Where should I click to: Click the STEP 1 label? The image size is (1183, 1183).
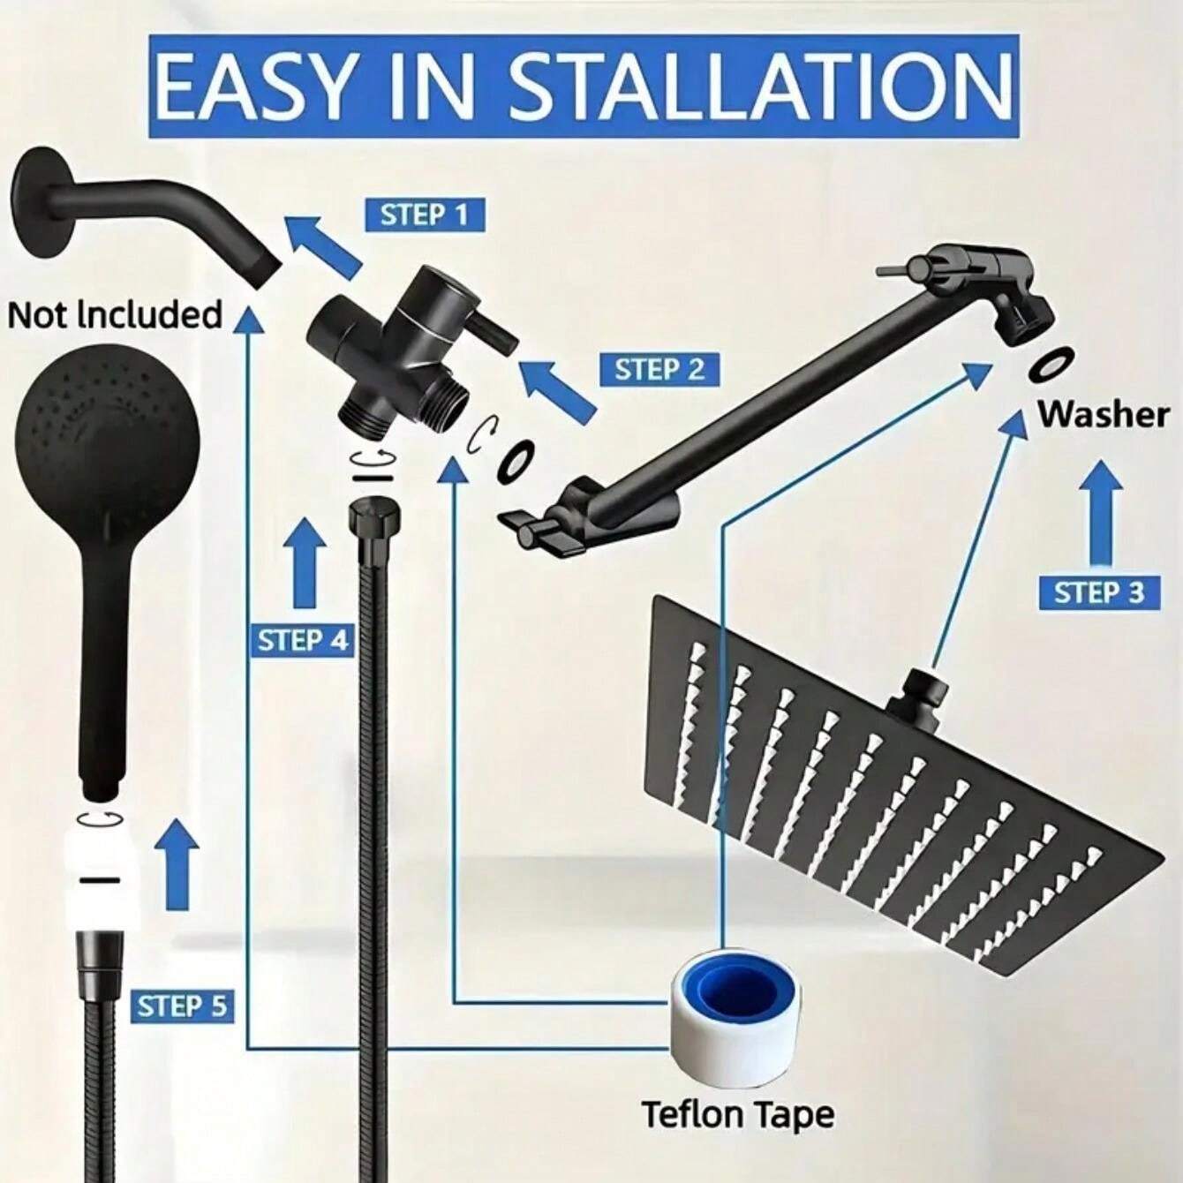[x=425, y=215]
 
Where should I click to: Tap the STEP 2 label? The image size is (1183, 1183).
[x=659, y=368]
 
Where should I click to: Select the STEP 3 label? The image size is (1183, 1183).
[x=1098, y=592]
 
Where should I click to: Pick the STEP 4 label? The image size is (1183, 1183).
[x=303, y=640]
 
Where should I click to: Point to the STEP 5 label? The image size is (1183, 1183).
[x=183, y=1006]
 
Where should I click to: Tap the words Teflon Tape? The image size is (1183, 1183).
[x=737, y=1114]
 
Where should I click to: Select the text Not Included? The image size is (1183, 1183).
[x=115, y=315]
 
